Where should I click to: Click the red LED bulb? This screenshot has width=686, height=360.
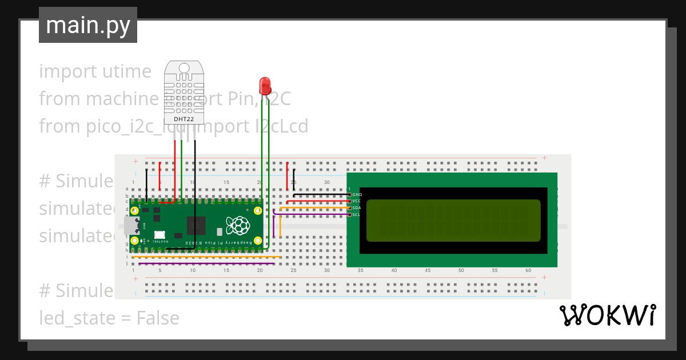(x=265, y=86)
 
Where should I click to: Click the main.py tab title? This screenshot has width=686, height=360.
(x=88, y=25)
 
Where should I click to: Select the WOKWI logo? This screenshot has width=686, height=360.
(x=607, y=315)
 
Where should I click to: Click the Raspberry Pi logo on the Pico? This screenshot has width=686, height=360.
(x=237, y=225)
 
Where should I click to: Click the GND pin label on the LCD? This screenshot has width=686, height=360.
(x=357, y=195)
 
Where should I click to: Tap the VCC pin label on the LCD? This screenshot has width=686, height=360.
(x=357, y=201)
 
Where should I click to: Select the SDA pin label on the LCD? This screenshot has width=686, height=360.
(x=357, y=208)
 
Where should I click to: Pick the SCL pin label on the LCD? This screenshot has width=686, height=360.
(x=356, y=215)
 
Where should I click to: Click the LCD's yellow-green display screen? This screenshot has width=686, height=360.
(x=453, y=220)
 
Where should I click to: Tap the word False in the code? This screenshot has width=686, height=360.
(x=157, y=318)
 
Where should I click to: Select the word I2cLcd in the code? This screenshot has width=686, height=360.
(x=281, y=126)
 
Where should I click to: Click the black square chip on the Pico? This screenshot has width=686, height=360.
(x=196, y=226)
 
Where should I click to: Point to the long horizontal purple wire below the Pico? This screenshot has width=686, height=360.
(x=206, y=263)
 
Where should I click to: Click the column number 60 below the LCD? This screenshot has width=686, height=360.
(x=528, y=270)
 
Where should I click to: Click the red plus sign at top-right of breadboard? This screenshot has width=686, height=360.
(x=544, y=158)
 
